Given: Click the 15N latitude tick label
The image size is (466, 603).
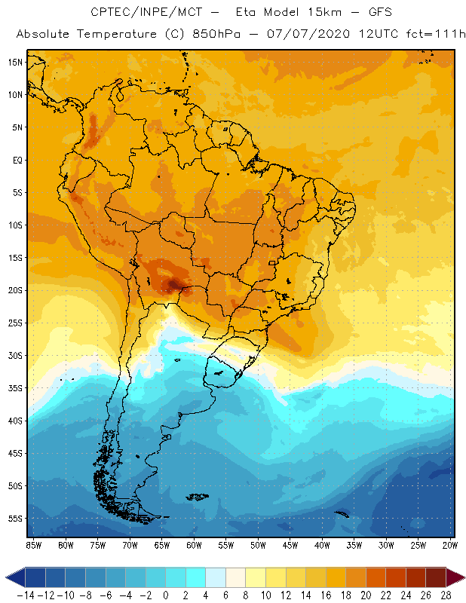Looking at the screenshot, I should [x=15, y=62].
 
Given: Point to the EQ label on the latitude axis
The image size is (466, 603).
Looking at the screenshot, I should [x=16, y=160].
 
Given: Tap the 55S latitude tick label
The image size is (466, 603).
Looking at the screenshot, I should [x=15, y=519].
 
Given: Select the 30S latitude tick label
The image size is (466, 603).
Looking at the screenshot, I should [x=15, y=355].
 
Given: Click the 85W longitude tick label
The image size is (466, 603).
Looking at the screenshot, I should [x=33, y=544].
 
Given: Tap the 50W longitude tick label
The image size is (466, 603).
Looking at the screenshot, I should [x=259, y=544].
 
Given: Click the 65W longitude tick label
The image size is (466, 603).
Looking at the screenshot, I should [x=162, y=544].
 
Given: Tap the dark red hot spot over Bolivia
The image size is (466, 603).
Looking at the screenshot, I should [x=174, y=284].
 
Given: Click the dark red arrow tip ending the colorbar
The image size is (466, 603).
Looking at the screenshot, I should [x=455, y=577].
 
